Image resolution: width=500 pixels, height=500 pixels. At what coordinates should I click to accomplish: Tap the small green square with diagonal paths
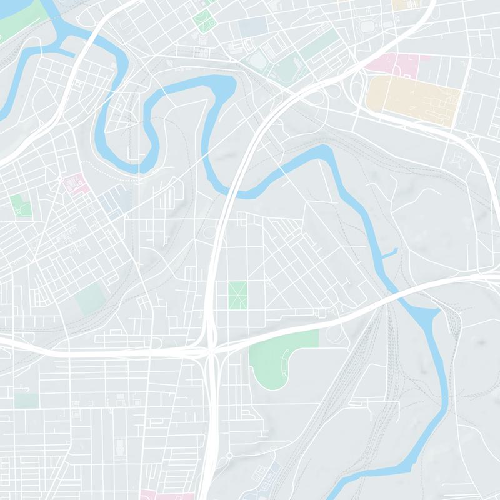pyautogui.click(x=237, y=295)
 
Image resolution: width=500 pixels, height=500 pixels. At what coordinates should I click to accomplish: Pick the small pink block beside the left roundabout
pyautogui.click(x=77, y=184)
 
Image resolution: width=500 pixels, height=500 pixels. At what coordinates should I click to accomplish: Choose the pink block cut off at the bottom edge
pyautogui.click(x=156, y=495)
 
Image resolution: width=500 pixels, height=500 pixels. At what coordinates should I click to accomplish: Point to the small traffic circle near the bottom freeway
pyautogui.click(x=229, y=456)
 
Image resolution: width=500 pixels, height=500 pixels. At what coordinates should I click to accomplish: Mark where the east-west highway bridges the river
pyautogui.click(x=396, y=294)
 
